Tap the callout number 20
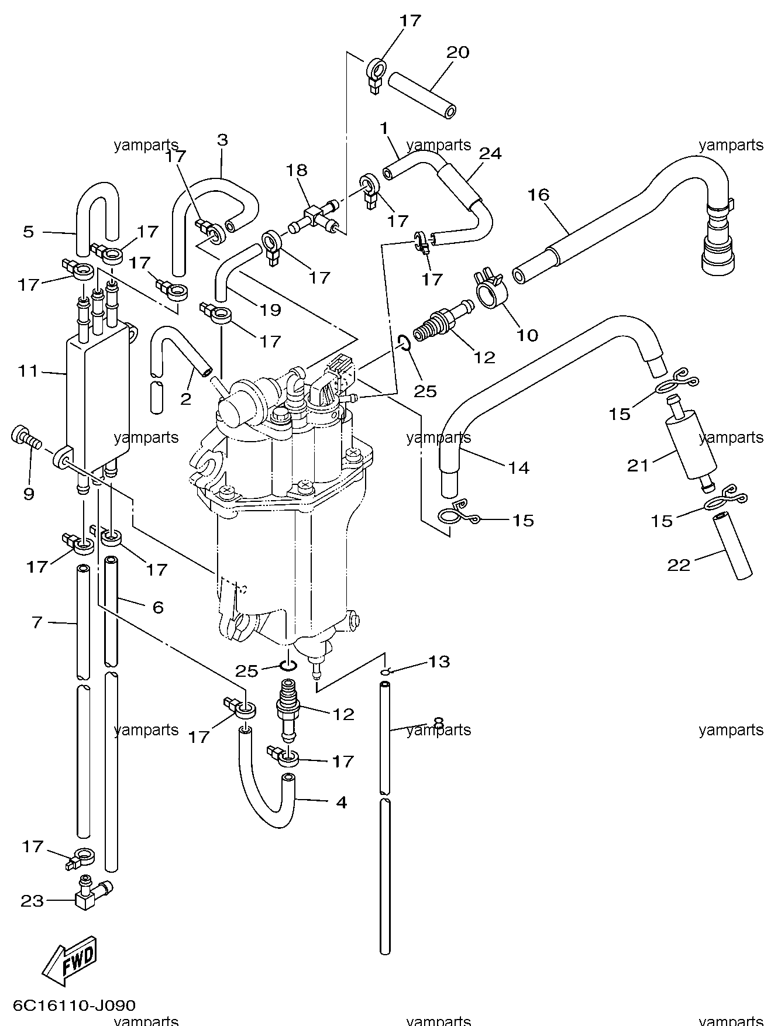[457, 53]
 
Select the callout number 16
[538, 195]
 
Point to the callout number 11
[28, 371]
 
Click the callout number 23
[32, 901]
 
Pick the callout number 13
[439, 662]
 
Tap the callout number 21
[638, 466]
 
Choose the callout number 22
[679, 565]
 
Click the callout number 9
[29, 494]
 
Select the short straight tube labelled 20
[422, 95]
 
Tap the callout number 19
[270, 310]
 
